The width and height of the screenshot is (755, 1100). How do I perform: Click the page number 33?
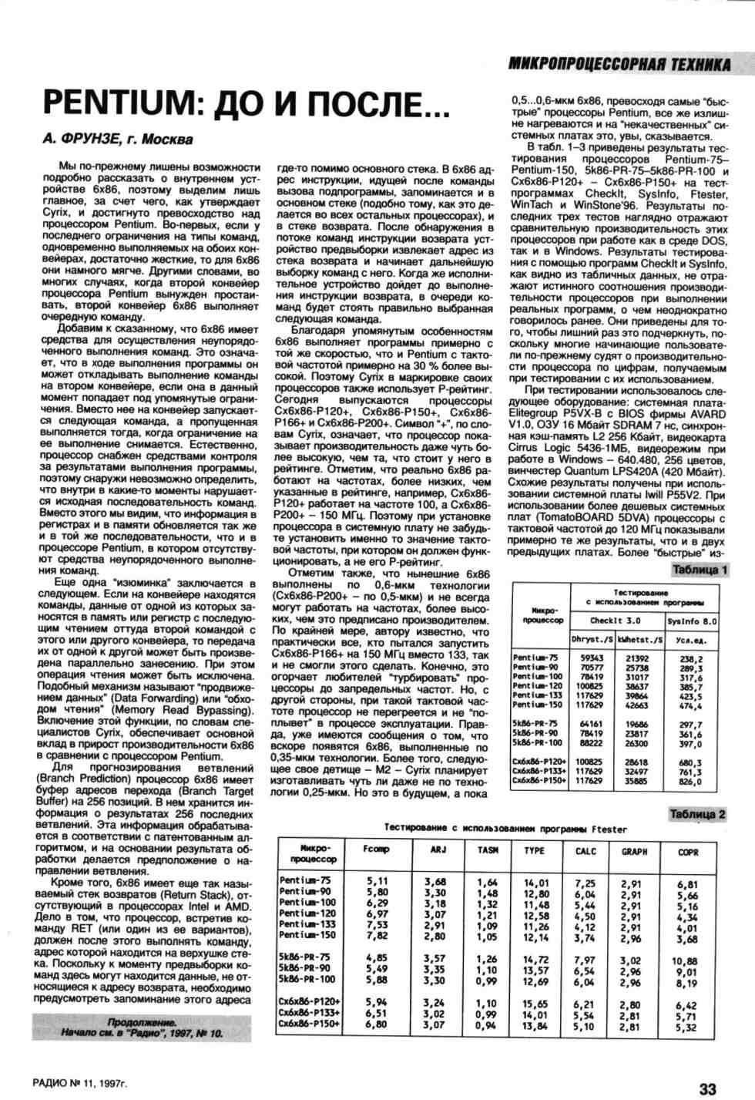[707, 1088]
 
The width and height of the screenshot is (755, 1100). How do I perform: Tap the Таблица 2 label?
[697, 814]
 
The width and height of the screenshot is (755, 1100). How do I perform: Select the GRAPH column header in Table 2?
[634, 852]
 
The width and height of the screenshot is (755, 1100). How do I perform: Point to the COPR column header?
[688, 852]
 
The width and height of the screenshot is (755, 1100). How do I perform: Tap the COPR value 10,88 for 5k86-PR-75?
[684, 961]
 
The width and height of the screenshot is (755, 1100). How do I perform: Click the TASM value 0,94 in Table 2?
[487, 1026]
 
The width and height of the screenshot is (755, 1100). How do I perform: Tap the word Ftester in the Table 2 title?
[609, 829]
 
